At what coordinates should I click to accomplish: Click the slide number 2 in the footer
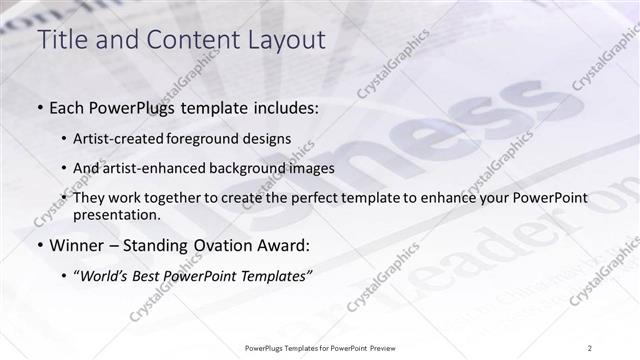[x=589, y=347]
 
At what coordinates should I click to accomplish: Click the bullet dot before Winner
[x=39, y=246]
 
